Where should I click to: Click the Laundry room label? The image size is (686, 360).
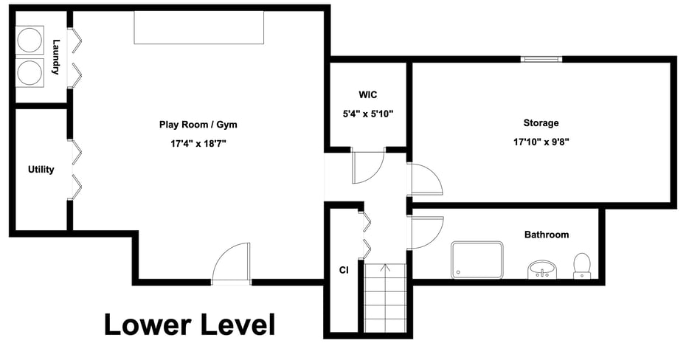pyautogui.click(x=55, y=58)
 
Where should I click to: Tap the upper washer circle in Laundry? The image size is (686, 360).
pyautogui.click(x=30, y=41)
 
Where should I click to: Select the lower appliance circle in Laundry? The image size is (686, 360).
pyautogui.click(x=30, y=73)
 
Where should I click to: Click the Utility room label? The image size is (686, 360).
pyautogui.click(x=41, y=170)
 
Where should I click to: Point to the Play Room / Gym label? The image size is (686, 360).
pyautogui.click(x=198, y=125)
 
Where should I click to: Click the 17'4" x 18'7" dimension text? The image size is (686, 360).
pyautogui.click(x=198, y=143)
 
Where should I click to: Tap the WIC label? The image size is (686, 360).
pyautogui.click(x=368, y=95)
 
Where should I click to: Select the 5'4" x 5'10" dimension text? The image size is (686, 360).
pyautogui.click(x=368, y=114)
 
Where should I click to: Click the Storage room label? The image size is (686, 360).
pyautogui.click(x=541, y=123)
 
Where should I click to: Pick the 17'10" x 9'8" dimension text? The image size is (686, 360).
pyautogui.click(x=541, y=142)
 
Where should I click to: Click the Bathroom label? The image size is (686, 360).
pyautogui.click(x=547, y=235)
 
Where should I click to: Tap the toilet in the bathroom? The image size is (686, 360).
pyautogui.click(x=582, y=266)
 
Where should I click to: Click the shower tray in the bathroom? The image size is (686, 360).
pyautogui.click(x=477, y=260)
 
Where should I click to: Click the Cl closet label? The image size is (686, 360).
pyautogui.click(x=343, y=270)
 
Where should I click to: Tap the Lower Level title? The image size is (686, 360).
pyautogui.click(x=189, y=325)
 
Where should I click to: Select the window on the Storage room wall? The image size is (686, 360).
pyautogui.click(x=541, y=59)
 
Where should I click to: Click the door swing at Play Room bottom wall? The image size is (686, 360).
pyautogui.click(x=232, y=264)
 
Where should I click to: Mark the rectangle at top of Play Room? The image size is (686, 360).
pyautogui.click(x=198, y=27)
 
